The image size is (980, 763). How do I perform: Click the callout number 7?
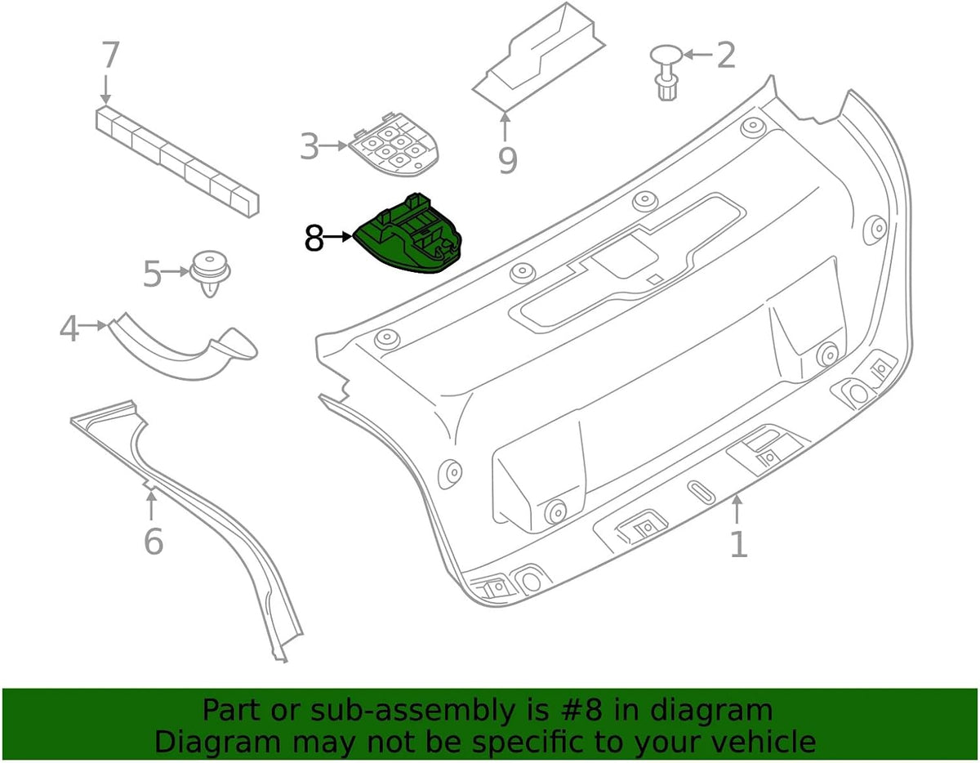pos(111,55)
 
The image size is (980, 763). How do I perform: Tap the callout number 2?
pos(726,55)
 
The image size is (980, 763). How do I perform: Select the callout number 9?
pos(508,161)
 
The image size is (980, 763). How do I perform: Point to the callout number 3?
pos(310,145)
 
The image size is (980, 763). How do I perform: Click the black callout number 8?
pos(314,238)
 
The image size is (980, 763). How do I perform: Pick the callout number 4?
pos(69,328)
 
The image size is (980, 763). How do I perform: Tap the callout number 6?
pos(154,542)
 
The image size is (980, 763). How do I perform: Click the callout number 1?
pos(738,544)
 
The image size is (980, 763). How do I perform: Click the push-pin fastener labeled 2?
pos(666,72)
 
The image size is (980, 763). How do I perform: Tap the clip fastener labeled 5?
pos(210,274)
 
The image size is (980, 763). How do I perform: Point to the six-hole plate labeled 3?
pos(394,145)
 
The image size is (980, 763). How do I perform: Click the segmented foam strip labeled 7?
pos(178,162)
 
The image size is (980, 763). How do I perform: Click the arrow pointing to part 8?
pos(338,236)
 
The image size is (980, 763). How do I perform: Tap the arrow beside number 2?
pos(698,55)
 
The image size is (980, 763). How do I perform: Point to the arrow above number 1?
pos(737,509)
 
